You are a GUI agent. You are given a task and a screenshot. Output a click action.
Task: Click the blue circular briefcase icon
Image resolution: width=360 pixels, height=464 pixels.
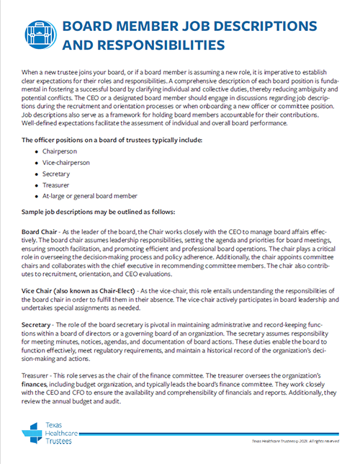[40, 34]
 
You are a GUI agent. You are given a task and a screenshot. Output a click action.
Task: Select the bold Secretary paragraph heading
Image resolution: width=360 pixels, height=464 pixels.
[38, 326]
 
